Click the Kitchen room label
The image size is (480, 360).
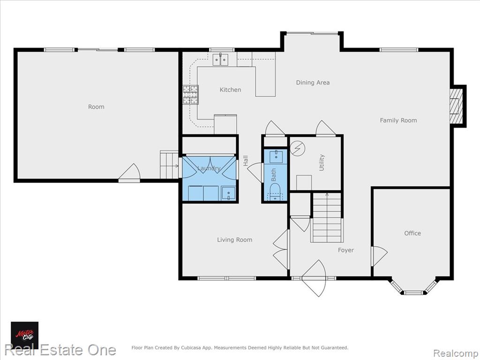coord(230,90)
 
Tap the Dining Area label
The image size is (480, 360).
coord(313,82)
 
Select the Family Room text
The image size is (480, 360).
coord(398,120)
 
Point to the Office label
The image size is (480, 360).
coord(412,233)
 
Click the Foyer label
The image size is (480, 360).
coord(345,250)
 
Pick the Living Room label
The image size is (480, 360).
coord(234,240)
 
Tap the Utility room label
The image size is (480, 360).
coord(322,163)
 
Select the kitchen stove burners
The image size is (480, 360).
coord(191,95)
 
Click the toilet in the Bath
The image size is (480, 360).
coord(275,192)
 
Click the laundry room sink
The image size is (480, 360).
coord(228,193)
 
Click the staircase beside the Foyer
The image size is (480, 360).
coord(326,217)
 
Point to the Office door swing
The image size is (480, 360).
coord(379,256)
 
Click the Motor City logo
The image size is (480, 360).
coord(25,335)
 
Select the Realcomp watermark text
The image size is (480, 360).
coord(455,353)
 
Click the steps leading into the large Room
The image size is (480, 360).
coord(169,165)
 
